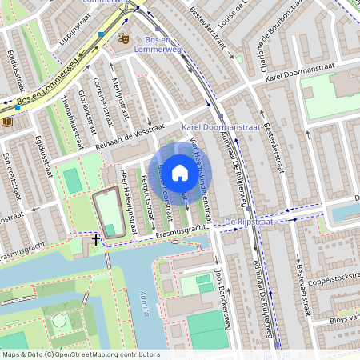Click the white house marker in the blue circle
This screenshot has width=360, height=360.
tap(180, 172)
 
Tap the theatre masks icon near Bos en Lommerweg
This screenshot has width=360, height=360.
tap(122, 38)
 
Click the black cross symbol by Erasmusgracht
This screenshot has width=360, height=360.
tap(96, 238)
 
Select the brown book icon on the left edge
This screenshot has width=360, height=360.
tap(7, 122)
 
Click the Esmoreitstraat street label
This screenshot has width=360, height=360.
tap(10, 173)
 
